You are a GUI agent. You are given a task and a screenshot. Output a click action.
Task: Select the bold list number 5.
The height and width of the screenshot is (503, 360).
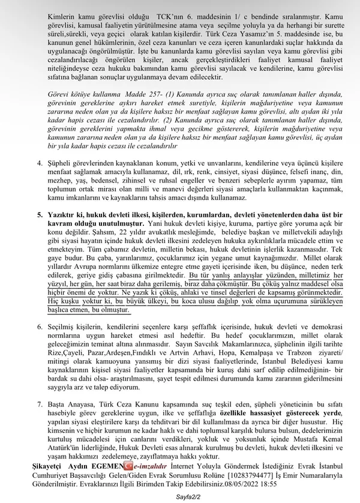point(40,214)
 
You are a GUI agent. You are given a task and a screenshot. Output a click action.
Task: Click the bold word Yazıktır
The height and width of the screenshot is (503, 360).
point(61,214)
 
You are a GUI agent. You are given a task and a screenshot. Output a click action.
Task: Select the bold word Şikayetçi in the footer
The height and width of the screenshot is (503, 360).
point(47,466)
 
